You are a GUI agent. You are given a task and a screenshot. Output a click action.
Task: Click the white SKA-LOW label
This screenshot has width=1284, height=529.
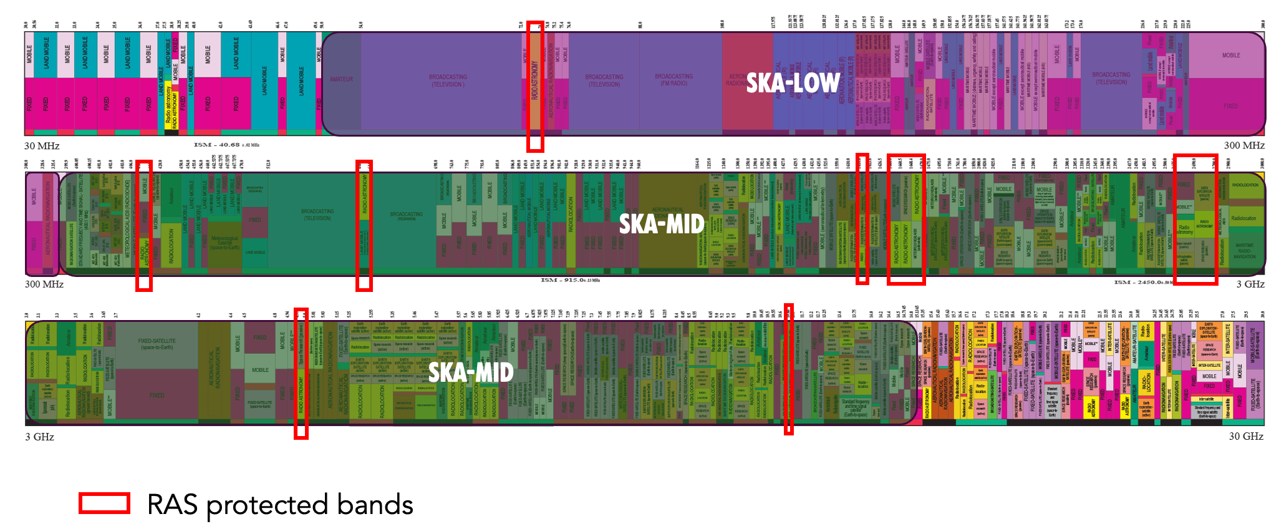tap(793, 83)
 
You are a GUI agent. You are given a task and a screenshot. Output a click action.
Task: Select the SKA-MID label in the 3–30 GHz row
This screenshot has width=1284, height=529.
tap(471, 372)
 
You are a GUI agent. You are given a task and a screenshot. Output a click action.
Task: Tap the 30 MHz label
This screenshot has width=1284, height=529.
tap(42, 146)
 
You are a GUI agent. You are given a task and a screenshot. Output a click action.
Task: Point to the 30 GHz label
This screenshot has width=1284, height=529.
tap(1245, 437)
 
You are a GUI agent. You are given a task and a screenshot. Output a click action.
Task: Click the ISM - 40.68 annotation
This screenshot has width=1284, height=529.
tap(226, 145)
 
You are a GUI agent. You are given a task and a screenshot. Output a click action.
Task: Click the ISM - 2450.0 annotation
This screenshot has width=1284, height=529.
tap(1145, 283)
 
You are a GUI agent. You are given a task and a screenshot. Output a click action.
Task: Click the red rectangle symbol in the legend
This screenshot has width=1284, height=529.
tap(104, 503)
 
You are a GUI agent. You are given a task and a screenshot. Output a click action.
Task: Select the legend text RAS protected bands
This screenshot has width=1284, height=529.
tap(280, 505)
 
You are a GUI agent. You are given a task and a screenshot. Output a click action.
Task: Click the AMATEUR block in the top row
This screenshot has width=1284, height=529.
tap(341, 79)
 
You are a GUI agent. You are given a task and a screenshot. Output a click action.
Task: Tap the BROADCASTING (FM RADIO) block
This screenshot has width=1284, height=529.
tap(673, 79)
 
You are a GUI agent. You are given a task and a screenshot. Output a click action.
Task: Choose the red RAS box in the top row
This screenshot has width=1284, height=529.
tap(535, 86)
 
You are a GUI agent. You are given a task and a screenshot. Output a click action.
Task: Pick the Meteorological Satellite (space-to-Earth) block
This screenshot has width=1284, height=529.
tap(224, 243)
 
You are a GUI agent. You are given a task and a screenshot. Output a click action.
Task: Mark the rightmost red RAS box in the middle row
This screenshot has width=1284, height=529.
tap(1195, 219)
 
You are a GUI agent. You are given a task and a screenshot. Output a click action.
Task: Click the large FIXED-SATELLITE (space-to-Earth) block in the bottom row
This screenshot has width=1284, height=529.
tap(157, 344)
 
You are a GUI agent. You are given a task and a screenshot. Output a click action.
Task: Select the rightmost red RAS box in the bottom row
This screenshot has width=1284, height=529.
tap(788, 369)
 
